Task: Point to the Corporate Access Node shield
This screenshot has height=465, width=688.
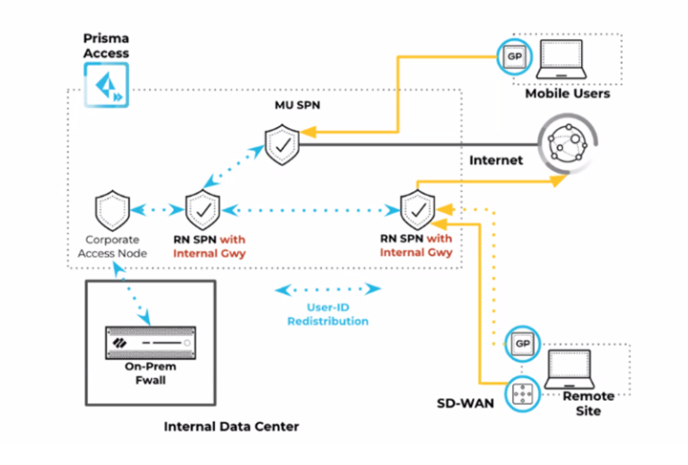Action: click(113, 208)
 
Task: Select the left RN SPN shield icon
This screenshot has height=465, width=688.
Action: click(203, 208)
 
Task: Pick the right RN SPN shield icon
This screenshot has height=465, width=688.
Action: click(417, 208)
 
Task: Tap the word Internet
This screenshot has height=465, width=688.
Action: click(496, 160)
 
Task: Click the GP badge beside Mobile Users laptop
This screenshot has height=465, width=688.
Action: click(514, 56)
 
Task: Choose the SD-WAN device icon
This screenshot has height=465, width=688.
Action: click(522, 392)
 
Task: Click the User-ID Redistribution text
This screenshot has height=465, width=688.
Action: click(328, 314)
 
